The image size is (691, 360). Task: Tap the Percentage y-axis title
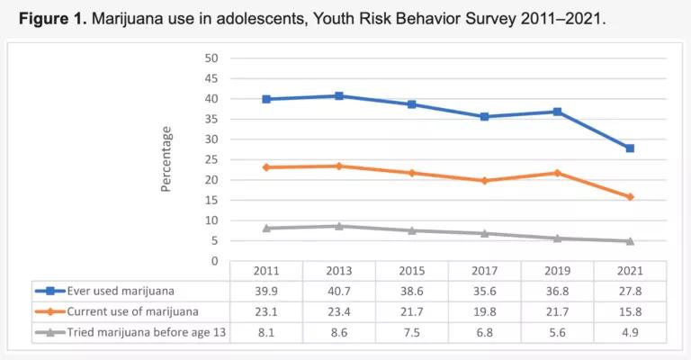coord(166,159)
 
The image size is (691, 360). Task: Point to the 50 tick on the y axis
coord(212,58)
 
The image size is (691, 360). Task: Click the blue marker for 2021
coord(630,148)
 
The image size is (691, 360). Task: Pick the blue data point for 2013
coord(338,95)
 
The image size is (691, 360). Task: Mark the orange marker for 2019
coord(557,173)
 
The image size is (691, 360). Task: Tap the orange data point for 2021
coord(630,197)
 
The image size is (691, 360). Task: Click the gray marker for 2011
coord(266,228)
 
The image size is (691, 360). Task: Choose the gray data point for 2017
coord(484,233)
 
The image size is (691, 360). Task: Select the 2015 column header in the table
coord(411,271)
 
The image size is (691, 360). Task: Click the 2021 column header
coord(630,271)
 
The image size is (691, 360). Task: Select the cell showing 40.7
coord(338,291)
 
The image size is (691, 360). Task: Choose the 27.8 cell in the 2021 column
coord(630,291)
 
